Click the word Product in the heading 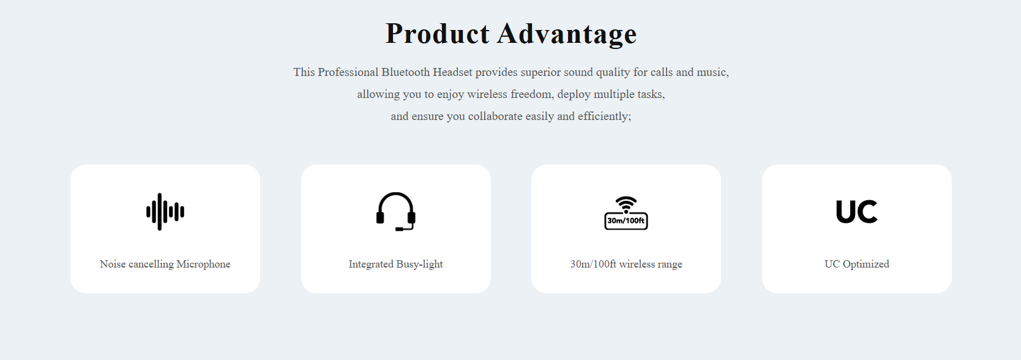(x=438, y=34)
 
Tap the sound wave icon (x=165, y=212)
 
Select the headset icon (x=395, y=211)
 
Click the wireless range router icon (x=626, y=213)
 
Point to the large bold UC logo (x=856, y=211)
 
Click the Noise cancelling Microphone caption (x=165, y=264)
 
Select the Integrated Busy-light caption (x=395, y=264)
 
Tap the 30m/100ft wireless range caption (x=626, y=264)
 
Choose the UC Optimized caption (x=857, y=264)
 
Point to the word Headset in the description (x=452, y=72)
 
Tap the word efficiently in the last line (x=604, y=117)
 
